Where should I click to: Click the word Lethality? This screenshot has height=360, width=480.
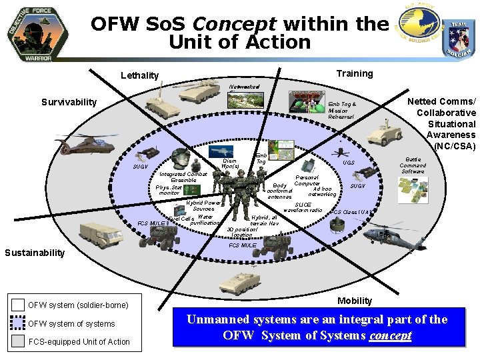pos(140,75)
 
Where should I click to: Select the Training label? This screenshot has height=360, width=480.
pos(355,73)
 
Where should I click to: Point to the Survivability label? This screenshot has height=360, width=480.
pos(69,102)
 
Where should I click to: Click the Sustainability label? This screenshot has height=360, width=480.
pos(35,252)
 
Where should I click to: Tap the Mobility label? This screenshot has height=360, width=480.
pos(355,301)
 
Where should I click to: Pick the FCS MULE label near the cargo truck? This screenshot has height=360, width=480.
pos(150,223)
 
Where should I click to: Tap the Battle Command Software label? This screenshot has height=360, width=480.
pos(413,165)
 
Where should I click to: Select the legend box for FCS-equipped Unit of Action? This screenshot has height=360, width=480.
pos(18,342)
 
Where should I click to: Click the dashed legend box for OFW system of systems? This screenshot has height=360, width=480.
pos(18,323)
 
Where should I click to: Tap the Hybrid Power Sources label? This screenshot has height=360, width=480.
pos(203,205)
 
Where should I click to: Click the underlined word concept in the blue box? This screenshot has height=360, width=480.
pos(390,335)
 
